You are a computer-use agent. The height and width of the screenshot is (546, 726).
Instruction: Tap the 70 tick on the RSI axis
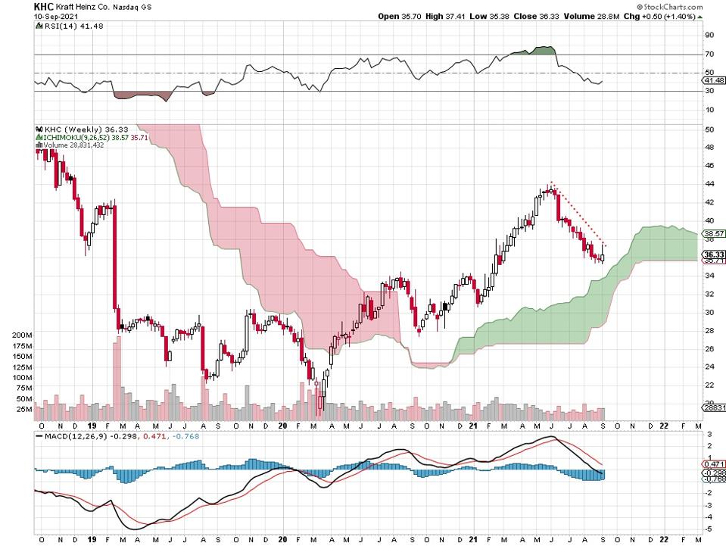click(710, 55)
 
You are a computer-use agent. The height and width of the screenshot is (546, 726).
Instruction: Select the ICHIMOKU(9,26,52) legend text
click(83, 137)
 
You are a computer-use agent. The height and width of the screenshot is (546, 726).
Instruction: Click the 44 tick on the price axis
click(710, 184)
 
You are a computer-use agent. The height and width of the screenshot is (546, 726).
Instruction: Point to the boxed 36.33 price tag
click(714, 254)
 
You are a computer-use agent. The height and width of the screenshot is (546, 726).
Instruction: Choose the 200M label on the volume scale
click(22, 335)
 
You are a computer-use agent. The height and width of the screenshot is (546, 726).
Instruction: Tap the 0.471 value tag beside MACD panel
click(714, 463)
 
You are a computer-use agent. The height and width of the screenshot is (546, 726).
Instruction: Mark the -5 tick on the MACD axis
click(709, 528)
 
